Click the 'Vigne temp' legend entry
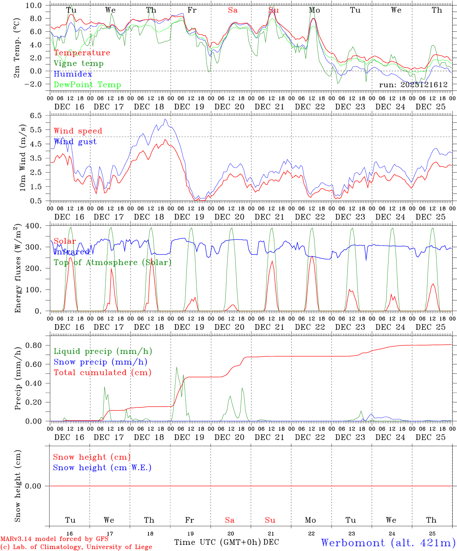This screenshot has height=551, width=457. pos(78,64)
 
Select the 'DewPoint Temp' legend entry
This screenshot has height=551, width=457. pos(87,85)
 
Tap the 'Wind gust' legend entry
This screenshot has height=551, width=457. pos(75,142)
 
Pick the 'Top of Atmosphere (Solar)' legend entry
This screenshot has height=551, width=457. pos(113,262)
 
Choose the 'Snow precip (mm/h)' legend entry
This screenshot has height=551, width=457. pos(100,362)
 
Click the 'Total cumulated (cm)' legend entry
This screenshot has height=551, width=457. pos(102,373)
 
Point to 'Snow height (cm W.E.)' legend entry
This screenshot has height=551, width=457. pos(102,468)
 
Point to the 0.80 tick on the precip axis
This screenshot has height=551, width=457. pos(36,345)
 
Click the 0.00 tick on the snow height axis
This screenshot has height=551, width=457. pos(36,486)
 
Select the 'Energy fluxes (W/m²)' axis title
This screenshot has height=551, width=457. pos(18,269)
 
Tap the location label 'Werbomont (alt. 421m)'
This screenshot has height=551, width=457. pos(388,543)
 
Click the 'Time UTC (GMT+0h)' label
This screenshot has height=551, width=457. pos(217,542)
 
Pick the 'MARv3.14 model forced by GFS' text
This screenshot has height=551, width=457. pos(54,539)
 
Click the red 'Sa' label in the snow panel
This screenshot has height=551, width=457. pos(230,520)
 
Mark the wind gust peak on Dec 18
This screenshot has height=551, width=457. pos(165,119)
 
